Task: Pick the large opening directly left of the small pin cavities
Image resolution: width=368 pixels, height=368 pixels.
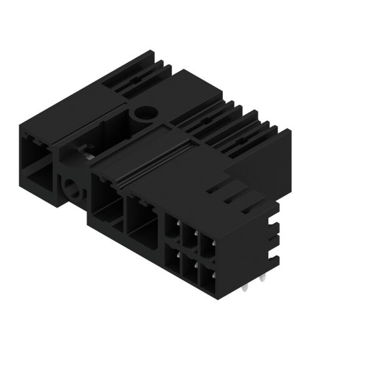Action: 144,221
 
